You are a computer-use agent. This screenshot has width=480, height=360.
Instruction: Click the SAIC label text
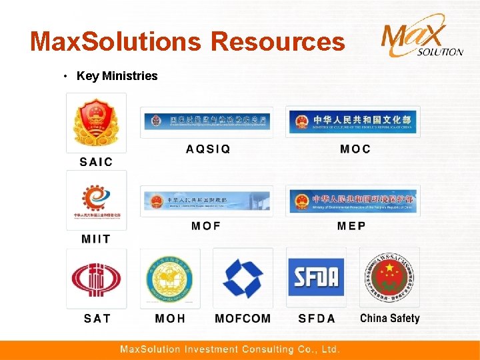pyautogui.click(x=96, y=161)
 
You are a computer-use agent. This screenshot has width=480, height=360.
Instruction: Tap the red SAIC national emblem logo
pyautogui.click(x=96, y=123)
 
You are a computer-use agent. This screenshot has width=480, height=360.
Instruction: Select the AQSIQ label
pyautogui.click(x=208, y=149)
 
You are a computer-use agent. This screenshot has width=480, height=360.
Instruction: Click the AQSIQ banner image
pyautogui.click(x=207, y=122)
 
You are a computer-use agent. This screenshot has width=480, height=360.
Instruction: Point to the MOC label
pyautogui.click(x=355, y=149)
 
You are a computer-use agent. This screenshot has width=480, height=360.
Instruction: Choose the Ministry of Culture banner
pyautogui.click(x=353, y=122)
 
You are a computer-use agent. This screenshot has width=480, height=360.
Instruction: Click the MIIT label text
pyautogui.click(x=96, y=239)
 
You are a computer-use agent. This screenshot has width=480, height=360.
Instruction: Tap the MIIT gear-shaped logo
pyautogui.click(x=96, y=200)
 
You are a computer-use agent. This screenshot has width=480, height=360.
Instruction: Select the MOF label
pyautogui.click(x=206, y=226)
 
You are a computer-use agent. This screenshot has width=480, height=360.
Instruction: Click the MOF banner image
pyautogui.click(x=207, y=201)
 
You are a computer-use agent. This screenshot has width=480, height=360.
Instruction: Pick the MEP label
pyautogui.click(x=351, y=226)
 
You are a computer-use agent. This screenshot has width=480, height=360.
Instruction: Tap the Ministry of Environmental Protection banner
pyautogui.click(x=353, y=201)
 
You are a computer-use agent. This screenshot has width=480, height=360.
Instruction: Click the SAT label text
pyautogui.click(x=97, y=319)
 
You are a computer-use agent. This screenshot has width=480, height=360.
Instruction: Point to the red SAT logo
pyautogui.click(x=96, y=278)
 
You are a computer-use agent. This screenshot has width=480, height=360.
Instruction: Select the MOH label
pyautogui.click(x=170, y=319)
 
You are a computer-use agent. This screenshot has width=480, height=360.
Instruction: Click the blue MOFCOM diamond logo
pyautogui.click(x=243, y=278)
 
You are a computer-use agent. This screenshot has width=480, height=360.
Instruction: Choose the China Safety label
pyautogui.click(x=390, y=318)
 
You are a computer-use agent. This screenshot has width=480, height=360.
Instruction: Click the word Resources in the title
pyautogui.click(x=278, y=42)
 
